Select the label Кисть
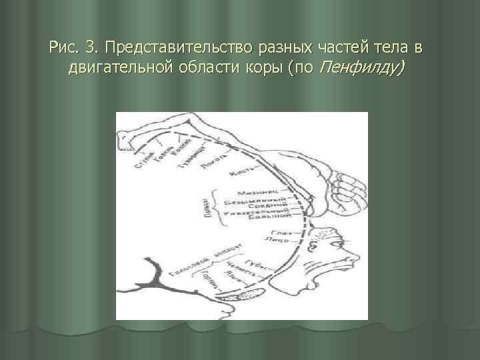(x=239, y=173)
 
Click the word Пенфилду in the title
(x=360, y=68)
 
